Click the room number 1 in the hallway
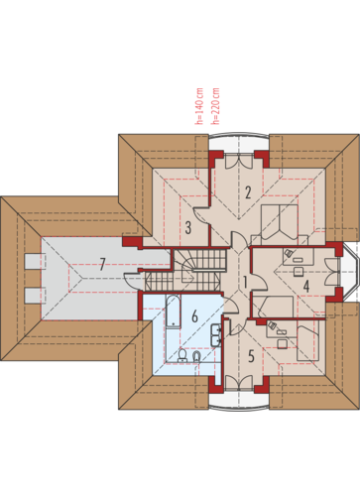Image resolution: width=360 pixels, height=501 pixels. pos(245,282)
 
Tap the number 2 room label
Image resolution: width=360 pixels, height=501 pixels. pos(248,192)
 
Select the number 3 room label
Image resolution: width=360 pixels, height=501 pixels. pos(188,227)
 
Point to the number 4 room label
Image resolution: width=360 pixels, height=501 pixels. pos(306,287)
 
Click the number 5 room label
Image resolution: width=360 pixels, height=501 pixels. pos(251,356)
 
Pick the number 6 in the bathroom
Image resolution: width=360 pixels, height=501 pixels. pos(195,316)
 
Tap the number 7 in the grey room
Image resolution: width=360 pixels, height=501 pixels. pos(102,264)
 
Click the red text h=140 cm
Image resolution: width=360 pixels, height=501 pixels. pos(199,106)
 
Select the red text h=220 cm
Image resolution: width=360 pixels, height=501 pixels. pos(215,106)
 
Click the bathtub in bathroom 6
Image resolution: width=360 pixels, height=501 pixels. pos(173,311)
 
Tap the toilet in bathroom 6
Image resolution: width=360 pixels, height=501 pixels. pos(182,356)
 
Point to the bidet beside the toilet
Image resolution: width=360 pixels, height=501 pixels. pos(196,357)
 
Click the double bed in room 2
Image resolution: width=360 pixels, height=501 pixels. pos(280,221)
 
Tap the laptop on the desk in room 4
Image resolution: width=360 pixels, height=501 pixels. pos(289,253)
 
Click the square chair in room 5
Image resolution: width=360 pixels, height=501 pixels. pos(282,344)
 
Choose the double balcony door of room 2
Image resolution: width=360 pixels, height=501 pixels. pos(239,161)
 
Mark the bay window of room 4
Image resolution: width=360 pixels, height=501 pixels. pos(350,272)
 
